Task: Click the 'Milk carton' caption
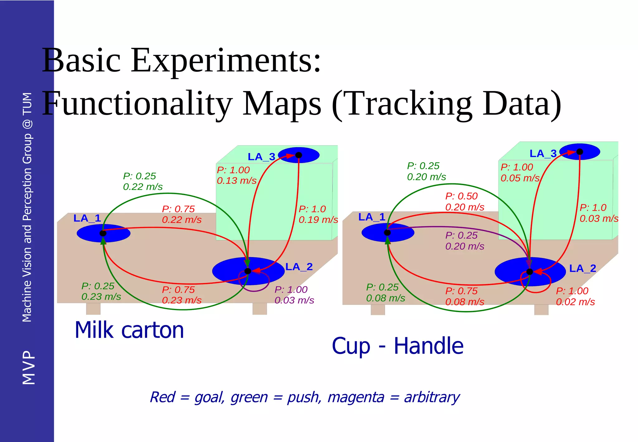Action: click(129, 330)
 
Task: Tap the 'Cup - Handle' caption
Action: click(398, 346)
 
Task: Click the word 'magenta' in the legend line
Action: click(356, 397)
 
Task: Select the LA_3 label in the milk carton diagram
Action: click(261, 157)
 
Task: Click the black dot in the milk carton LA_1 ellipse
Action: click(103, 233)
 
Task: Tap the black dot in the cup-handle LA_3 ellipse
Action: click(579, 152)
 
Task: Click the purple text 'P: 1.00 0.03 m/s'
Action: click(294, 295)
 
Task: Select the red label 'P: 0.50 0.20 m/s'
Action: click(464, 202)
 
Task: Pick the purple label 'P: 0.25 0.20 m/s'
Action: click(464, 241)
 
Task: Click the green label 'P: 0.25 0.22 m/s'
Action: click(143, 181)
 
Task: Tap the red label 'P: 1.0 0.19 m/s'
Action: click(318, 214)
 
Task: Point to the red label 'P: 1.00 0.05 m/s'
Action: click(520, 172)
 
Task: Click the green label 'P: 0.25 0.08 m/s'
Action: click(385, 292)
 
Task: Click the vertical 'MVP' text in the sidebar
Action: click(29, 368)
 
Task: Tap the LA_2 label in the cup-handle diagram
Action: click(583, 268)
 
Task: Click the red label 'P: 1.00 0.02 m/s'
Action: click(575, 296)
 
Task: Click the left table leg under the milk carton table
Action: click(93, 309)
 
